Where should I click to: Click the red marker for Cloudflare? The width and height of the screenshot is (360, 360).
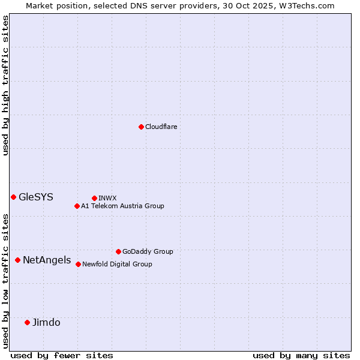141,127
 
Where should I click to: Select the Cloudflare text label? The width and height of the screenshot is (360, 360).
161,127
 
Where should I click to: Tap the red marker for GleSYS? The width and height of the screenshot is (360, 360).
13,197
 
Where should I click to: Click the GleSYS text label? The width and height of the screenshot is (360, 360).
36,197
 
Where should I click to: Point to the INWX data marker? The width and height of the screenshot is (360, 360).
94,198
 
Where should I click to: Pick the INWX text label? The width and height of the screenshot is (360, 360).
107,198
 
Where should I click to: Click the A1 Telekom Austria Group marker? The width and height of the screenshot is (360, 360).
77,206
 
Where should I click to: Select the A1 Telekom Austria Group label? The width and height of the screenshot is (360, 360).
122,206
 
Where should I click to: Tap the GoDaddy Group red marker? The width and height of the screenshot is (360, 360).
118,251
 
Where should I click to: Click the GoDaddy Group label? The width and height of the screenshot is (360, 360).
148,251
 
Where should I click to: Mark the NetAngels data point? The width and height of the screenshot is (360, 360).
18,260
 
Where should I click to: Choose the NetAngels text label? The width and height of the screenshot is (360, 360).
47,260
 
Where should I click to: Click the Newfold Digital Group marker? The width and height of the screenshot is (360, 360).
78,264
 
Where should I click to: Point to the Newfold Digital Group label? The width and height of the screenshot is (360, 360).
117,264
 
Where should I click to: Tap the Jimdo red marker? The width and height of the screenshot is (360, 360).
27,322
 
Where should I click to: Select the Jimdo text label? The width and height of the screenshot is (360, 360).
46,322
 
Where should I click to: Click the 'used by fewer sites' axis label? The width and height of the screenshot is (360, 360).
62,355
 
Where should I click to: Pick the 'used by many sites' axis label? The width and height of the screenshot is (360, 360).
301,355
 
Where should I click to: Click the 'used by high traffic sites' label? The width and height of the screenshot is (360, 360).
5,85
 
